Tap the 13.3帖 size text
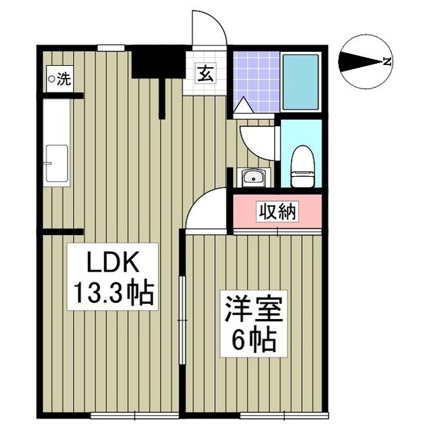click(112, 293)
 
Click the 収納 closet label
click(277, 212)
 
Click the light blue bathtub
click(300, 81)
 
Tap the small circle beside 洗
click(51, 79)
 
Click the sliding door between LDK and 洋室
click(181, 316)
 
